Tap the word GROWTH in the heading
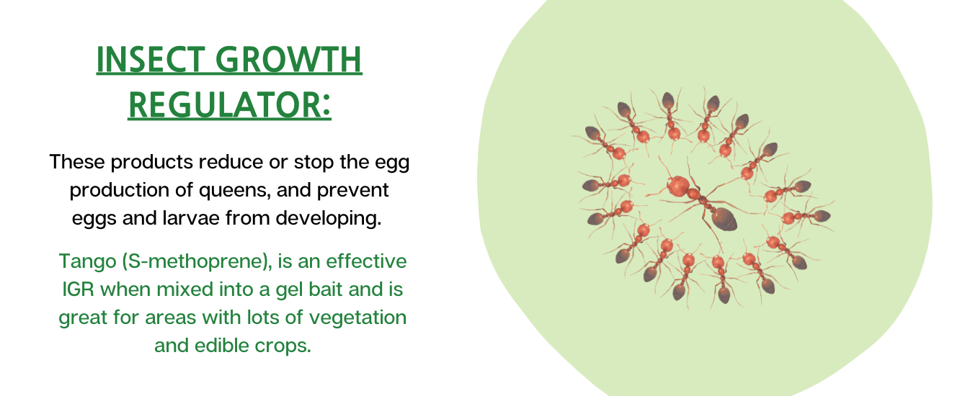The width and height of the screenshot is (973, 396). (x=288, y=60)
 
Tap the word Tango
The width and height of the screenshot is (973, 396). (x=88, y=262)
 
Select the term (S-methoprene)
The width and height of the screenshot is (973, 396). (x=197, y=261)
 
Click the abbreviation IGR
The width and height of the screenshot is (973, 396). (x=78, y=289)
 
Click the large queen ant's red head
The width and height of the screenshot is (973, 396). (x=677, y=186)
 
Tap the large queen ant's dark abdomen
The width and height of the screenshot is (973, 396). (x=724, y=219)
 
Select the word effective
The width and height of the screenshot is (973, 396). (x=366, y=261)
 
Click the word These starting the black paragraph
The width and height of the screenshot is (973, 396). (x=77, y=162)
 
